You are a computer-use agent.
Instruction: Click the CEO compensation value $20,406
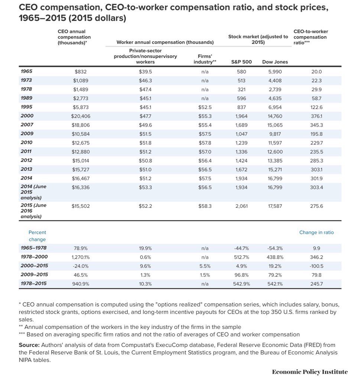pos(81,116)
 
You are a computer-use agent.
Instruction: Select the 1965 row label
pos(26,71)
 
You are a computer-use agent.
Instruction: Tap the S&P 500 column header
pos(241,62)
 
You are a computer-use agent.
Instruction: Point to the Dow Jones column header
pos(275,62)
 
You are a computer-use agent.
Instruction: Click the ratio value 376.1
pos(317,116)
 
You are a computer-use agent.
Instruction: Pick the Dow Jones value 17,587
pos(275,206)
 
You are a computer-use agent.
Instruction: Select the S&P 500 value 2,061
pos(241,206)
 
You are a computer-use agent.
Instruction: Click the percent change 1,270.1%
pos(81,257)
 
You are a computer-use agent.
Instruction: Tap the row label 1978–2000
pos(34,257)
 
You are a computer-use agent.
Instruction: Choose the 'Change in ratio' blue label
pos(317,233)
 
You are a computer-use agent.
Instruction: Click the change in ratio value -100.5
pos(317,266)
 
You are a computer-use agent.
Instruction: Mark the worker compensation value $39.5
pos(145,72)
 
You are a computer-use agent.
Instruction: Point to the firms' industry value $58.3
pos(205,206)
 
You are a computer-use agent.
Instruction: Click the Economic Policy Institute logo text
pos(310,372)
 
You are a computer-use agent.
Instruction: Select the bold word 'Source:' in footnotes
pos(29,345)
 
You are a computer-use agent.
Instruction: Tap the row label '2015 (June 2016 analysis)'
pos(33,210)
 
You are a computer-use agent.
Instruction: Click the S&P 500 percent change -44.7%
pos(241,248)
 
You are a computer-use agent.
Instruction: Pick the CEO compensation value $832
pos(81,72)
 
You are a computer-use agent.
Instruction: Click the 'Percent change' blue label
pos(37,236)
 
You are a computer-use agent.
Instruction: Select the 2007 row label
pos(27,125)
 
